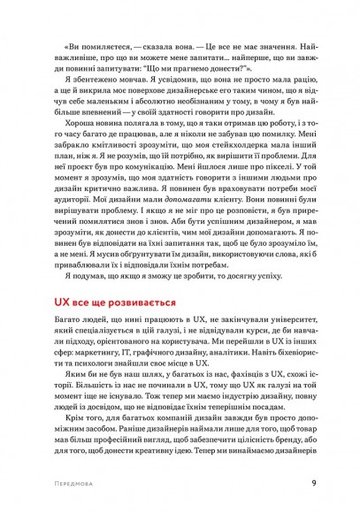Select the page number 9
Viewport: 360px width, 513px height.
pos(314,483)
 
